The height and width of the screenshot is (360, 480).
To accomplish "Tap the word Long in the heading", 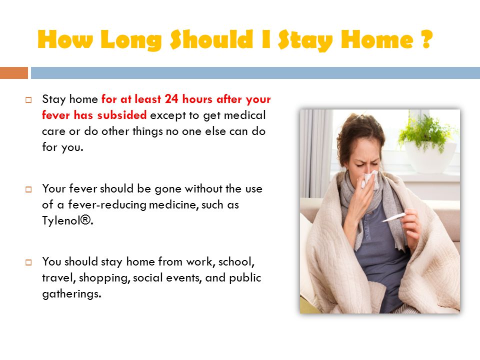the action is point(131,40).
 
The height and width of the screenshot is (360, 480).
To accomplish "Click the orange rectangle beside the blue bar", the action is point(14,73).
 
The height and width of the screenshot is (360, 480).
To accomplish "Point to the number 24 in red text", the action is point(171,99).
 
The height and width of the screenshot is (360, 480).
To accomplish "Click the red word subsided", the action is point(122,115).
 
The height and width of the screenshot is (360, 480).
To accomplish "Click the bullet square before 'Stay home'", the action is point(28,100).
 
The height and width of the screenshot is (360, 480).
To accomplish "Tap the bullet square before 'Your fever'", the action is point(28,189).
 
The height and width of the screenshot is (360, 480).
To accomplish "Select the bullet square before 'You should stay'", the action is point(28,262).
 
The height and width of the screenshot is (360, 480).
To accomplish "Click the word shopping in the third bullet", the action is point(104,278).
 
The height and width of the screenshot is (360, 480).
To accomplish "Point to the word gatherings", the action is point(71,294).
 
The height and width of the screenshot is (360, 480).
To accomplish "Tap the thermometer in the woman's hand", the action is point(393,217).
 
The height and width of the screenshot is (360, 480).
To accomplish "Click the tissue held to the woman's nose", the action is point(369,179).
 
